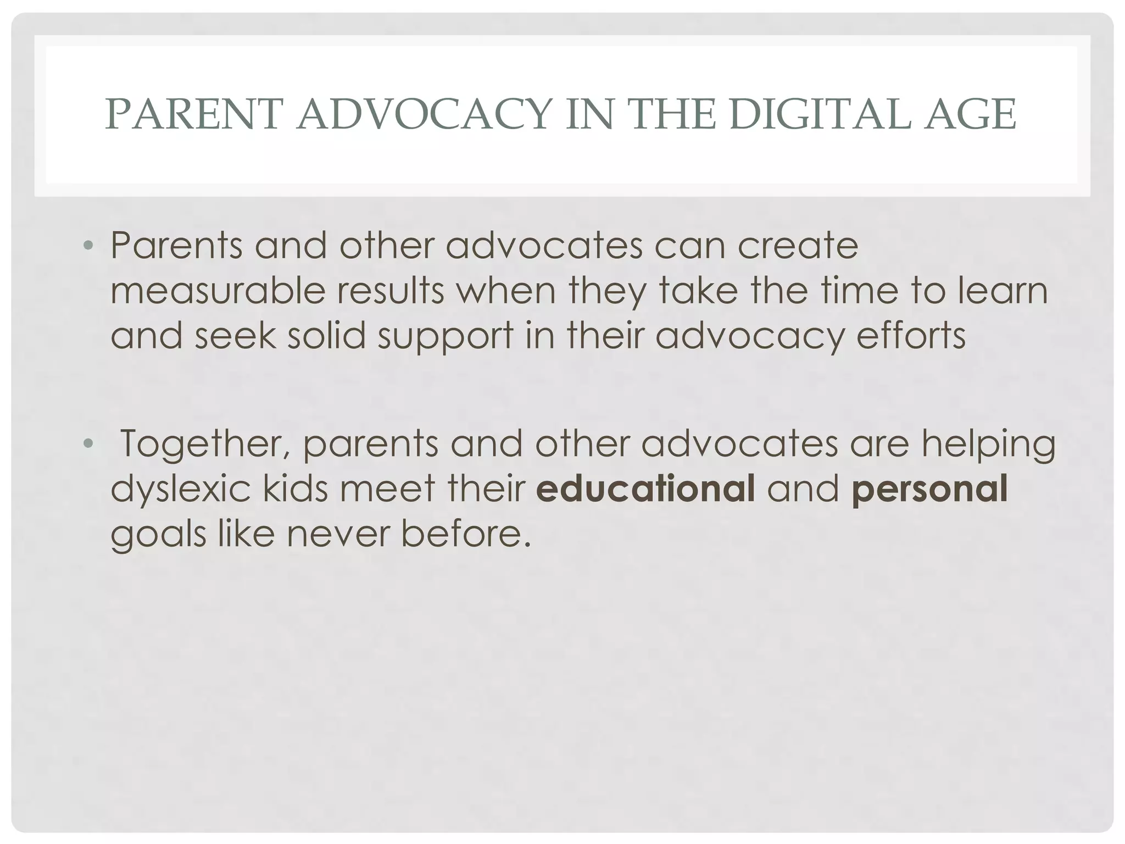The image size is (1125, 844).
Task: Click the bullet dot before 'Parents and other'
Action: (88, 246)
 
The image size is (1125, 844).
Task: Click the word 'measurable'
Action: (218, 291)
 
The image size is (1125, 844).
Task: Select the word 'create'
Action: (797, 246)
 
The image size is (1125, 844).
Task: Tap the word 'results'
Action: (390, 291)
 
